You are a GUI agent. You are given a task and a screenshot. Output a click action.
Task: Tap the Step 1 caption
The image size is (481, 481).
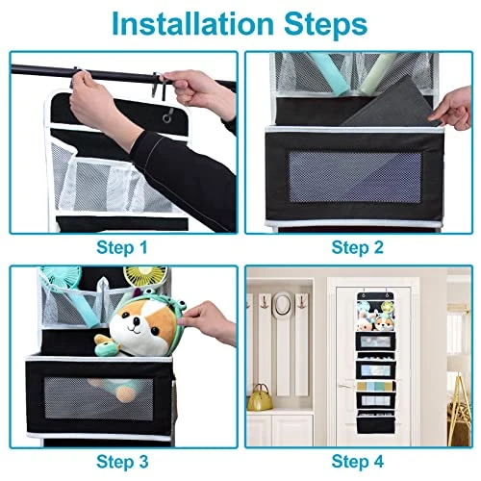[122, 247]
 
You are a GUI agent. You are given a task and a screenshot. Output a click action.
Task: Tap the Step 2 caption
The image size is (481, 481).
[358, 247]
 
